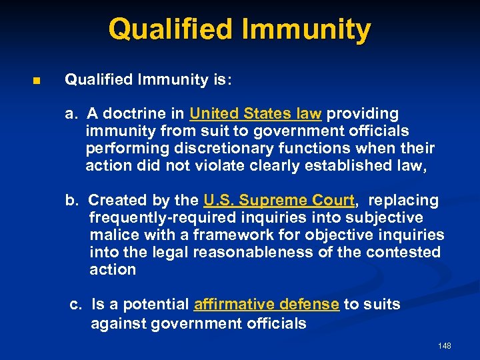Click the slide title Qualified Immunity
pyautogui.click(x=239, y=30)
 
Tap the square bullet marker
pyautogui.click(x=37, y=81)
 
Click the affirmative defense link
pyautogui.click(x=266, y=305)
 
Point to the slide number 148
pyautogui.click(x=445, y=346)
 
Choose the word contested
pyautogui.click(x=407, y=252)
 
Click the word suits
pyautogui.click(x=382, y=305)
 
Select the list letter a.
pyautogui.click(x=69, y=114)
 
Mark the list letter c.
pyautogui.click(x=75, y=305)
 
